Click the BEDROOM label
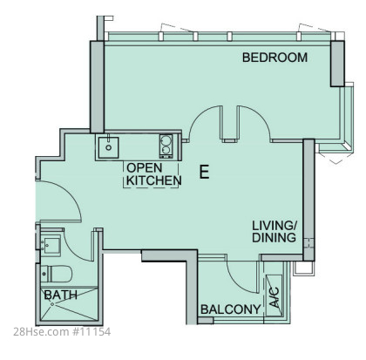pos(274,58)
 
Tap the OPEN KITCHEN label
pos(154,174)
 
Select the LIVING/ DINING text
pos(274,232)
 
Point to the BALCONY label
pos(231,309)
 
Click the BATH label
pos(61,295)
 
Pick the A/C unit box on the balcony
pos(274,295)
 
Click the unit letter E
pos(204,172)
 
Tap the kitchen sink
pos(108,147)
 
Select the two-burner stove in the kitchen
pos(166,146)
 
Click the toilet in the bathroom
pos(57,274)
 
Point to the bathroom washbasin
pos(51,246)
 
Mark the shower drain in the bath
pos(52,304)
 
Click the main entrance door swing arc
pos(71,194)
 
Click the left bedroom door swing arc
pos(199,115)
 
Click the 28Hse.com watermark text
pos(40,331)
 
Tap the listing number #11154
pos(91,331)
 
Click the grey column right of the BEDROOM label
pos(337,64)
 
